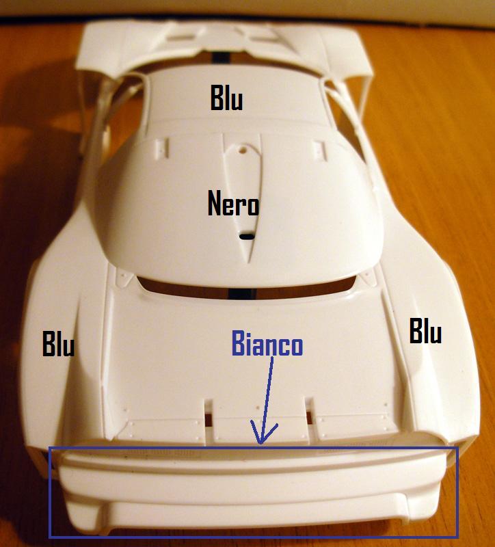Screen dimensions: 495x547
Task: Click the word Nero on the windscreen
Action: [233, 202]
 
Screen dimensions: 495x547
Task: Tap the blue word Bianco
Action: [267, 343]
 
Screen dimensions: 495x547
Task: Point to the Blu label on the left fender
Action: [58, 344]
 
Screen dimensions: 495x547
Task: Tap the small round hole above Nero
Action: [243, 150]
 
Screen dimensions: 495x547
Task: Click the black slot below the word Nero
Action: [247, 237]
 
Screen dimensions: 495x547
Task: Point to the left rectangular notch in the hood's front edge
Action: [208, 414]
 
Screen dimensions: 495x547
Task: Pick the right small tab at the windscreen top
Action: [319, 148]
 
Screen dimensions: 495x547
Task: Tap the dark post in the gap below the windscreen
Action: [242, 293]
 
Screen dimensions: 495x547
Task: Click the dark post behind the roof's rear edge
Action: [220, 57]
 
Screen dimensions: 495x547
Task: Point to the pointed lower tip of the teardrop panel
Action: [248, 262]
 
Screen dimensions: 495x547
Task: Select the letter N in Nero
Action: [215, 202]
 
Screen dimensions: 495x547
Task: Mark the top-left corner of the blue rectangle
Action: [49, 448]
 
